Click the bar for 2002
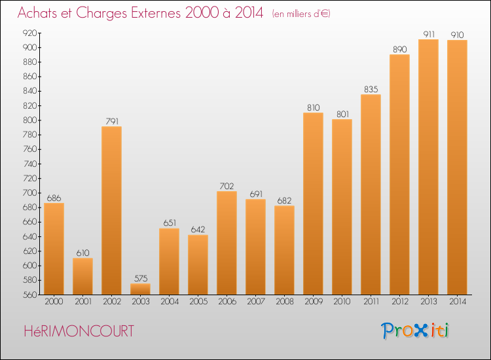tap(111, 210)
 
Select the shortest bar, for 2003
tap(140, 289)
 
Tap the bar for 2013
tap(428, 167)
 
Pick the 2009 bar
tap(313, 204)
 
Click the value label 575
tap(141, 278)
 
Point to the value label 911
tap(429, 34)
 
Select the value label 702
tap(227, 187)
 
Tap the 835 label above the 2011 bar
tap(371, 90)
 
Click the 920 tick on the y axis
tap(29, 33)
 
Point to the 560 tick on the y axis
tap(29, 295)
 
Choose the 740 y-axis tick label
tap(29, 164)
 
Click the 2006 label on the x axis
tap(227, 302)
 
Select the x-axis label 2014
tap(458, 302)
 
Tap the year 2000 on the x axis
tap(54, 302)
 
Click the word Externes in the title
tap(156, 13)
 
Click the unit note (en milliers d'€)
tap(301, 14)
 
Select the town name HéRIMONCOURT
tap(79, 331)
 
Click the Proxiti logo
tap(415, 331)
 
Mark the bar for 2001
tap(82, 276)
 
